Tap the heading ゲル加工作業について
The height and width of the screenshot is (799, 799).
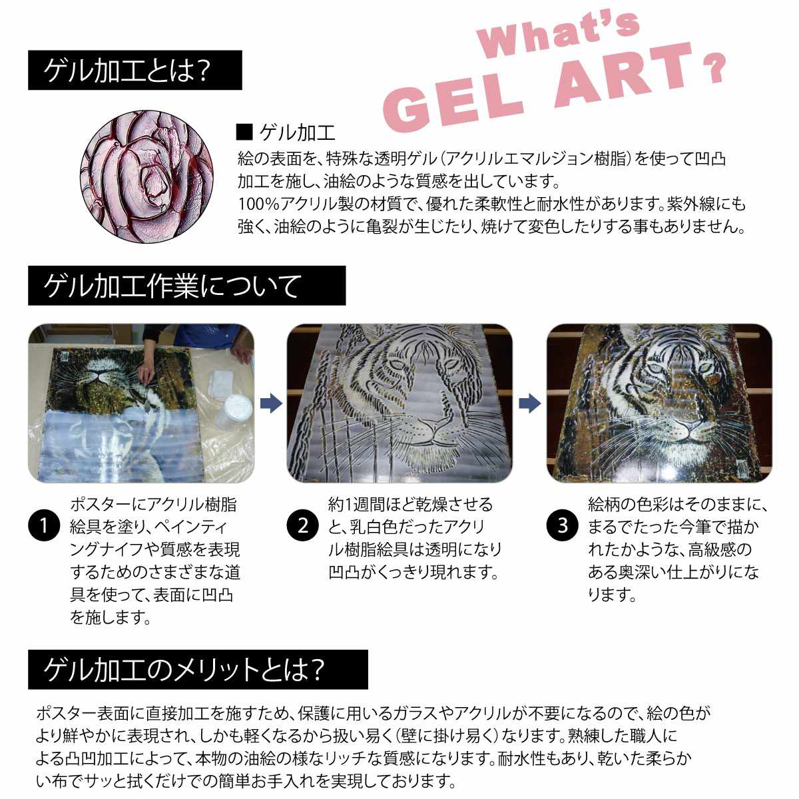[x=186, y=286]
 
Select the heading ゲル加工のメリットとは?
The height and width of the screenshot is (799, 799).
[x=197, y=669]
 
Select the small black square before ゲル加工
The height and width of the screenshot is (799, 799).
[x=244, y=133]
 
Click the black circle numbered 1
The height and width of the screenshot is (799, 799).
[x=44, y=527]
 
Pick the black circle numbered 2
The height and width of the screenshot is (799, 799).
[x=303, y=527]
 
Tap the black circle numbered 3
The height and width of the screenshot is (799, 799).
[x=563, y=527]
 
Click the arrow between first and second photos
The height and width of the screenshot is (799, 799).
[x=270, y=403]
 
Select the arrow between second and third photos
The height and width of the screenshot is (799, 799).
[x=529, y=403]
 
